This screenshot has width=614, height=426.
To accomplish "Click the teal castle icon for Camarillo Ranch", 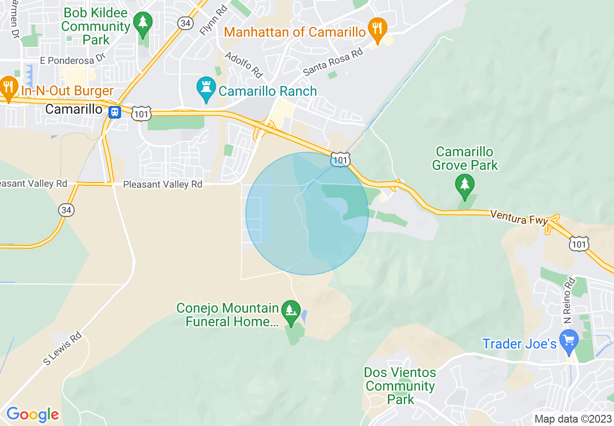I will click(x=206, y=89).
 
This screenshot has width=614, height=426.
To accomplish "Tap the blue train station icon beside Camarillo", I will click(x=115, y=112).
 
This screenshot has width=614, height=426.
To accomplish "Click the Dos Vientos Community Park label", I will click(x=400, y=386).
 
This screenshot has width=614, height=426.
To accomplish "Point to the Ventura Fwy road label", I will click(x=519, y=217).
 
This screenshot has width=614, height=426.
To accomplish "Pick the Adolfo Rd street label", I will click(x=244, y=65).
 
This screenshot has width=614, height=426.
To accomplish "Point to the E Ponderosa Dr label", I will click(x=73, y=59).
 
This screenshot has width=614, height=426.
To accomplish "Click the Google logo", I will click(x=32, y=414).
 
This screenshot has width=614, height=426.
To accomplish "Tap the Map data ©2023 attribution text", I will click(x=573, y=419).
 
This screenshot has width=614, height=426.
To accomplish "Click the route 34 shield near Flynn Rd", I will click(x=185, y=23).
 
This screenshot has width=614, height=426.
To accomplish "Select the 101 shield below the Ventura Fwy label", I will click(x=579, y=243).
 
